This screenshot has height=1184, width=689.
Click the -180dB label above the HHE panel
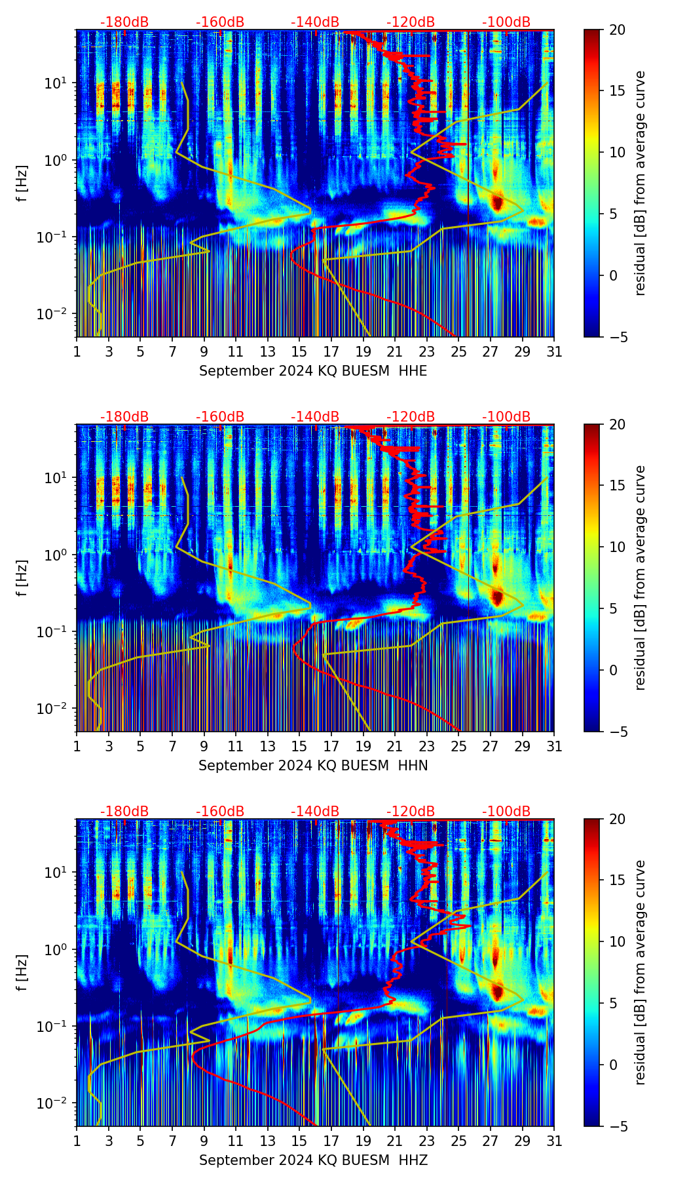tap(124, 22)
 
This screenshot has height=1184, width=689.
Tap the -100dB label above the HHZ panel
tap(506, 812)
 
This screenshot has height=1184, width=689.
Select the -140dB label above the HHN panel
tap(315, 417)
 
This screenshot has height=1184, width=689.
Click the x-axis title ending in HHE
tap(313, 371)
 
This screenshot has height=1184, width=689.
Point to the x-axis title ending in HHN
tap(313, 766)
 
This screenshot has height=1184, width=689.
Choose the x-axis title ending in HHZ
tap(313, 1160)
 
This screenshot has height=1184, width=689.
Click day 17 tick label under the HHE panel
tap(331, 352)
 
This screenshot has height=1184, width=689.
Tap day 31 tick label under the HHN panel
tap(554, 747)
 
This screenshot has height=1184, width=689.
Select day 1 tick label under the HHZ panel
tap(77, 1141)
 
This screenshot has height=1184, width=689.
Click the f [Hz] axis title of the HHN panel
tap(22, 578)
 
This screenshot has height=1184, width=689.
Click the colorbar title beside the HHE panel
tap(641, 183)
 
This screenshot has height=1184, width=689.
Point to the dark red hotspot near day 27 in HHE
tap(497, 203)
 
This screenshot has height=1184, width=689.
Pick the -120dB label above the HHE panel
tap(411, 22)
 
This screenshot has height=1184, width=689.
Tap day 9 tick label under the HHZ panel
tap(204, 1141)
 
